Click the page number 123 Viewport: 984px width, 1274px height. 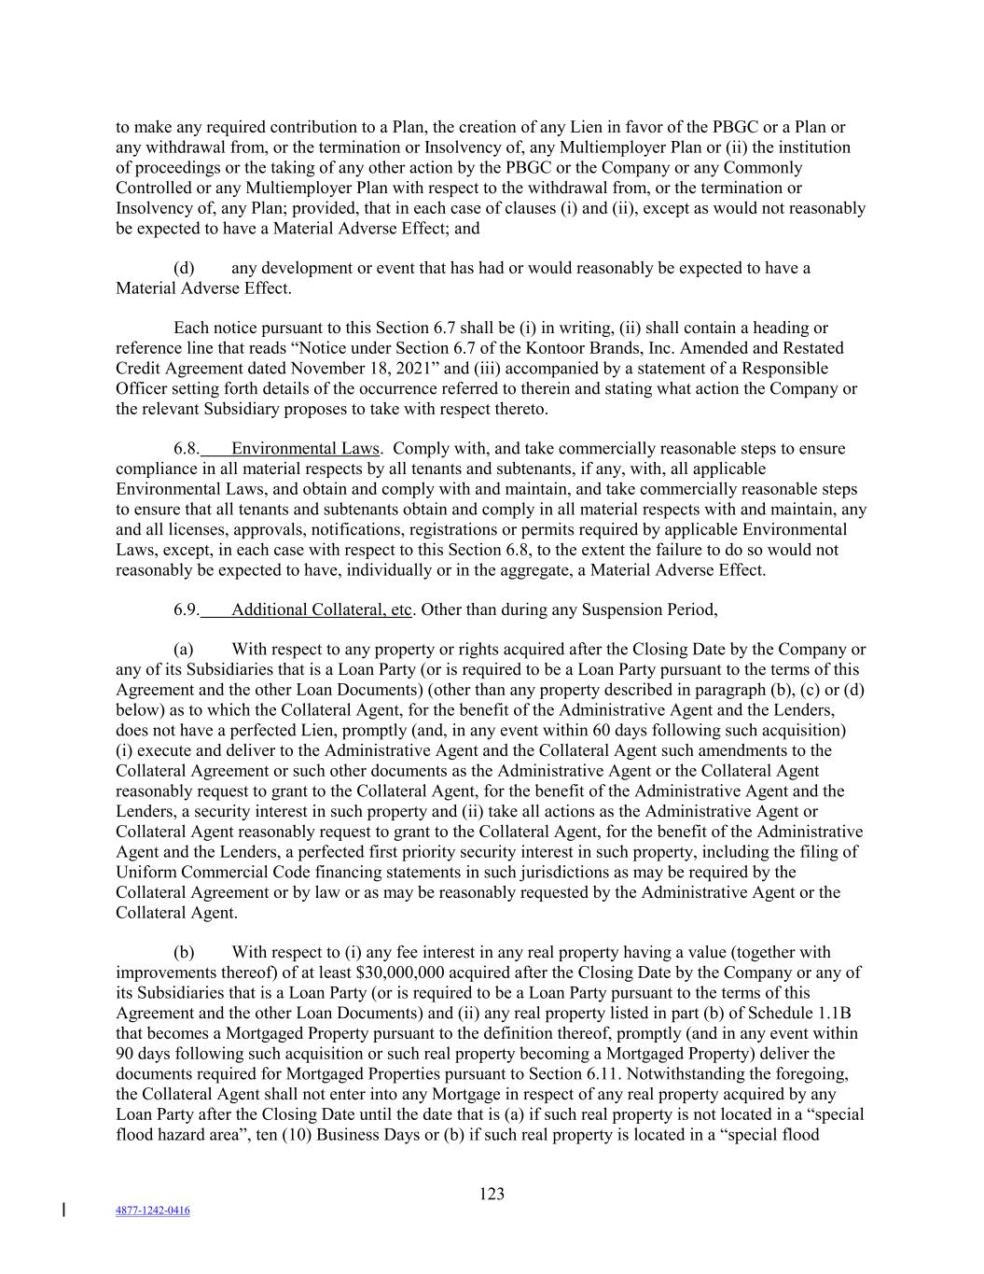pyautogui.click(x=492, y=1194)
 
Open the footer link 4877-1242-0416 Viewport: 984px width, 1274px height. pyautogui.click(x=152, y=1211)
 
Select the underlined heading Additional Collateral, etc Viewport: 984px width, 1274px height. pyautogui.click(x=321, y=609)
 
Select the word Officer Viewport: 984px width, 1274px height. pyautogui.click(x=141, y=388)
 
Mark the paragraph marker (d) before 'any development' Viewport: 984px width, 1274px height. pyautogui.click(x=184, y=268)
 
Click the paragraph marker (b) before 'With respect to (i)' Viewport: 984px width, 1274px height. pyautogui.click(x=184, y=952)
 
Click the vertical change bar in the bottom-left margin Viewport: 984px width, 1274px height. pyautogui.click(x=63, y=1211)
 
